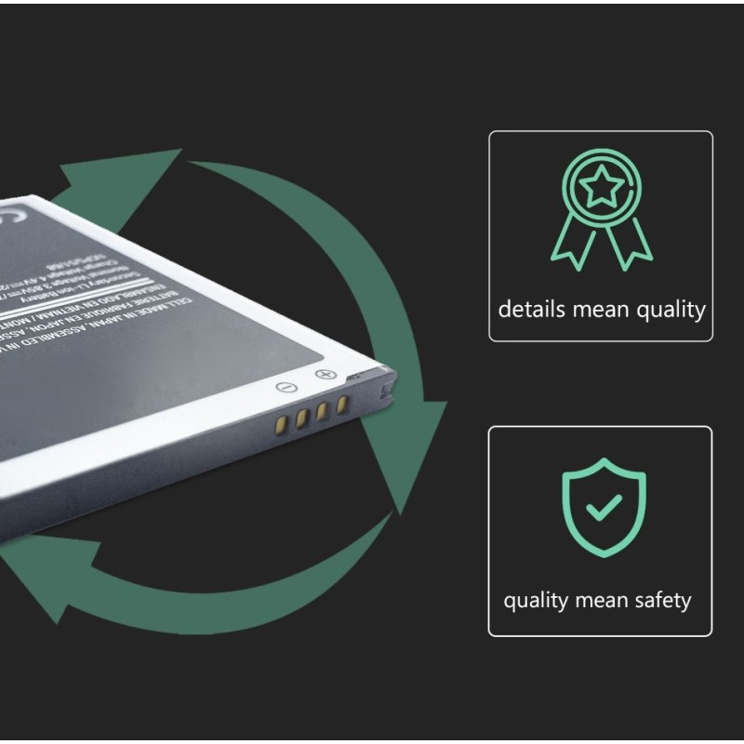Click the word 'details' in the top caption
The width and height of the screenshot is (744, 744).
[x=528, y=310]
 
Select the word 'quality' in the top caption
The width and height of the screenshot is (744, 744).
[x=670, y=310]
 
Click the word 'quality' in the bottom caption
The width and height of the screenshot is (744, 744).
[x=536, y=601]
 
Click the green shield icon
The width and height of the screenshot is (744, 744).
[x=604, y=507]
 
